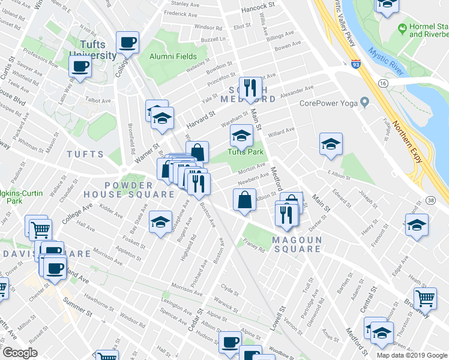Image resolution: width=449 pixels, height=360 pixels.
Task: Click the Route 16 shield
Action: point(384,82)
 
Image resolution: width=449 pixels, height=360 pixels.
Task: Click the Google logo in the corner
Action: point(20,353)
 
